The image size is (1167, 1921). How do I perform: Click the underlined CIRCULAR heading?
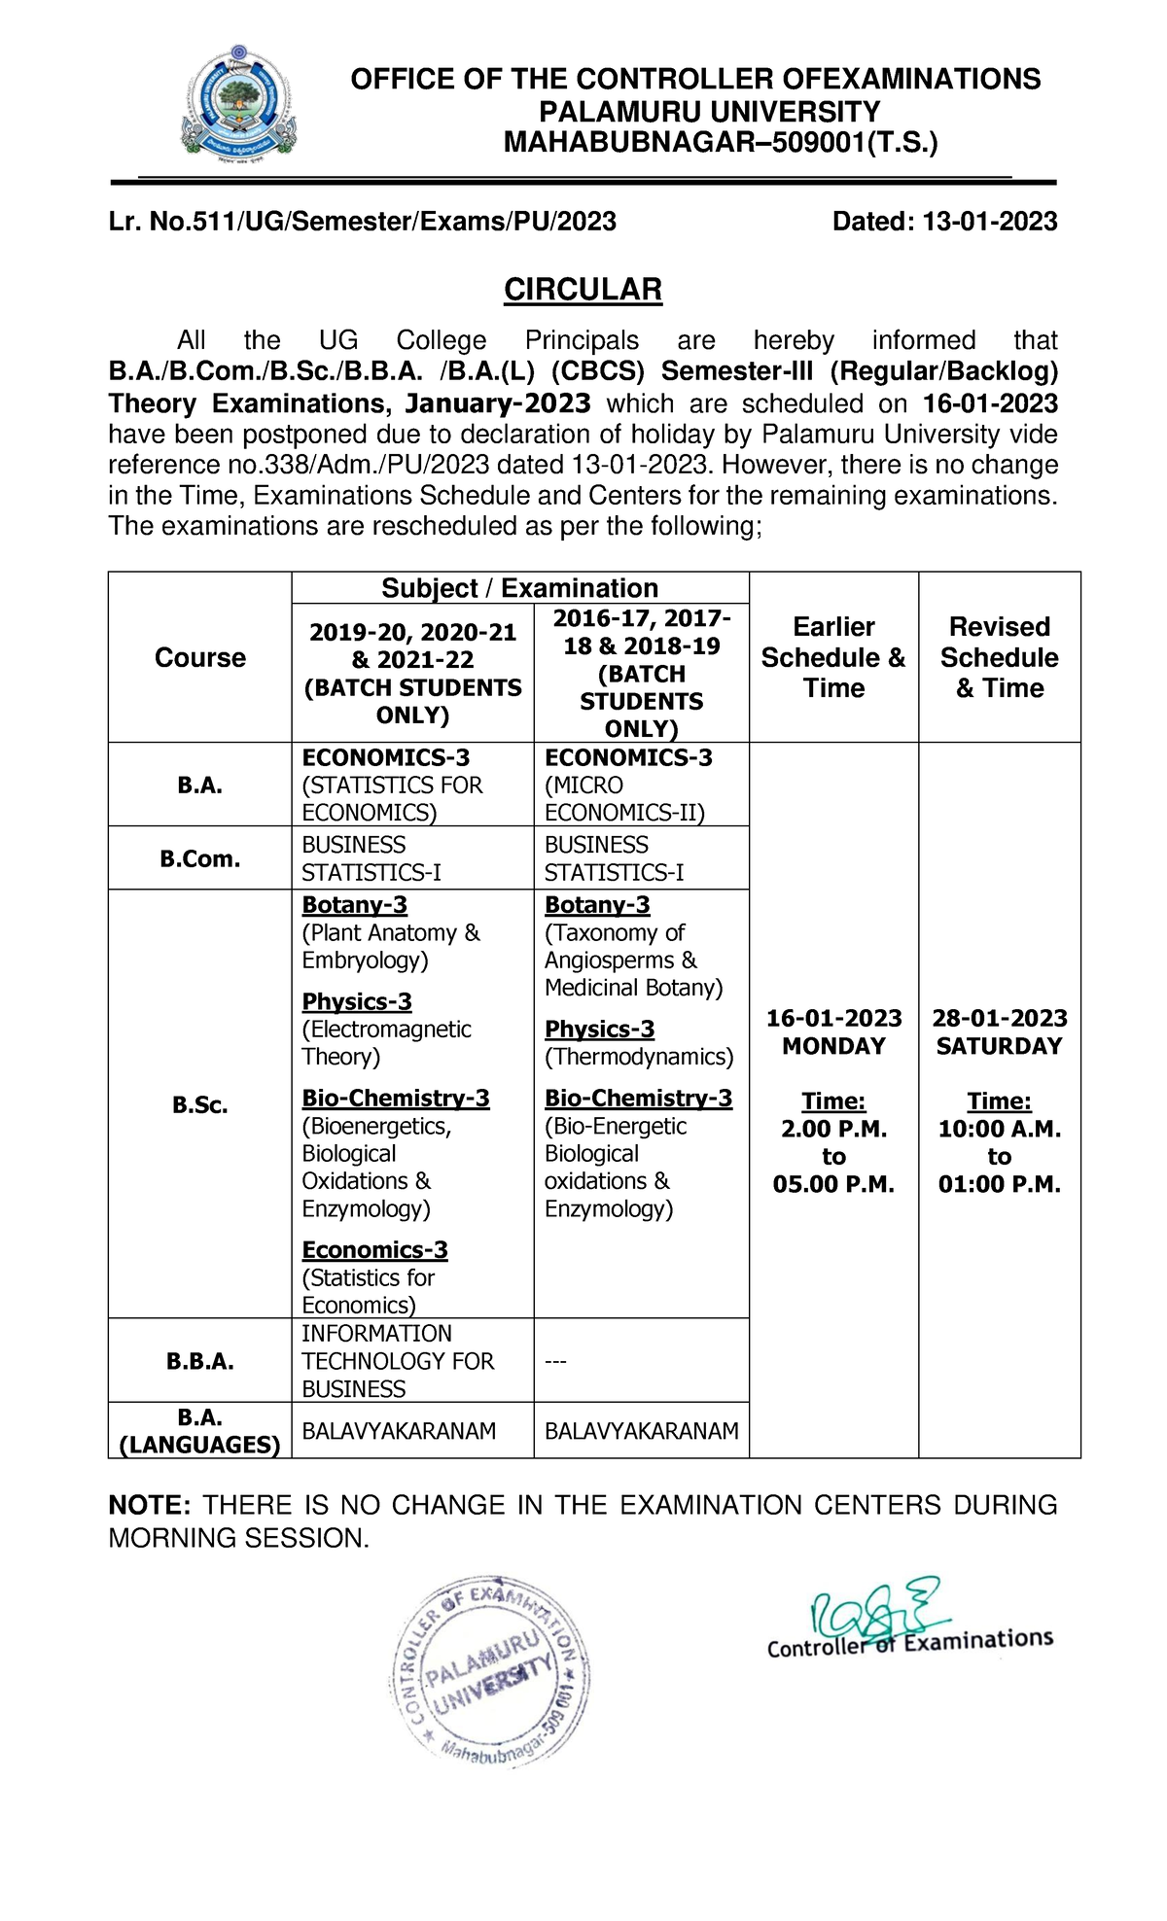[x=583, y=290]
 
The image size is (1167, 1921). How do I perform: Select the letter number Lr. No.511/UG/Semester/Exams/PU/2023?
[x=362, y=222]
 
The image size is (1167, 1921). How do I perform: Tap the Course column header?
[x=200, y=658]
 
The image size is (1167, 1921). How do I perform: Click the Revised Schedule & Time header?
[x=999, y=657]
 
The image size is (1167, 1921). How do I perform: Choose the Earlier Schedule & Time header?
[x=833, y=657]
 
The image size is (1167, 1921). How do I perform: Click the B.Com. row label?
[x=200, y=859]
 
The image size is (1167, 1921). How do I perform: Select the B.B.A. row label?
[x=200, y=1361]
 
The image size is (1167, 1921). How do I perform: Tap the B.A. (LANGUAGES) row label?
[x=200, y=1431]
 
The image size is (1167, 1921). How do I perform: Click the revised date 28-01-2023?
[x=999, y=1018]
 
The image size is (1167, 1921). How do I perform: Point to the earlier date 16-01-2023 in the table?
[x=833, y=1018]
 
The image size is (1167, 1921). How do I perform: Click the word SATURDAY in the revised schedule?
[x=999, y=1046]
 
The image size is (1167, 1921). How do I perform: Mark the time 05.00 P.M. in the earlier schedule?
[x=833, y=1184]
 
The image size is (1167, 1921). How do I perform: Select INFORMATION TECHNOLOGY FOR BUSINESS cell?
[x=398, y=1361]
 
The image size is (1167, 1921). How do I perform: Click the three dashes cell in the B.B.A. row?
[x=555, y=1361]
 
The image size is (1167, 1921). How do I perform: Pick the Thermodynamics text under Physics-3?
[x=639, y=1057]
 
